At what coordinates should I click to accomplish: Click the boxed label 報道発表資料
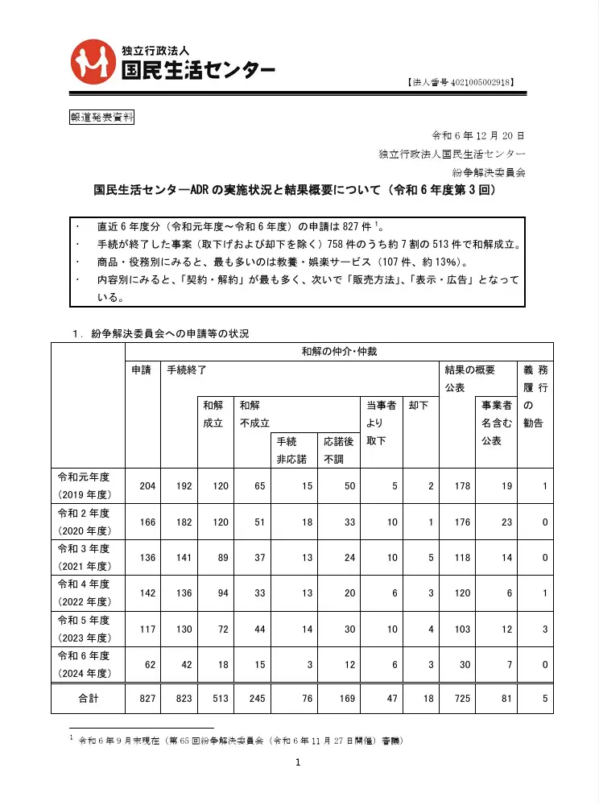coord(101,117)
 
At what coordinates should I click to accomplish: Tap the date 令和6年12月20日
coord(478,135)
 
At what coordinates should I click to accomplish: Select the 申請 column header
coord(142,370)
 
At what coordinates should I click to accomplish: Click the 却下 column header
coord(419,406)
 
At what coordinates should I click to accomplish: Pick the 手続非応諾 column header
coord(287,450)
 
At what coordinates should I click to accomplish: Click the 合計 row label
coord(88,699)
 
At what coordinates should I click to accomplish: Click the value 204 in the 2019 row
coord(148,486)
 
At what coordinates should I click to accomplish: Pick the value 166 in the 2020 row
coord(148,523)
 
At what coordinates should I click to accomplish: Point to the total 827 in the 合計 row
coord(148,699)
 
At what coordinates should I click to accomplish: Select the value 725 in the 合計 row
coord(461,699)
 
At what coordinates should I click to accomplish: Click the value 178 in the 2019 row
coord(461,486)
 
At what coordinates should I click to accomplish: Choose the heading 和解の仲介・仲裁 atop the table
coord(339,352)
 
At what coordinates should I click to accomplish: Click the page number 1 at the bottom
coord(298,763)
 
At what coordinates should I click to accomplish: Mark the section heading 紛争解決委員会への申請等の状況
coord(169,333)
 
